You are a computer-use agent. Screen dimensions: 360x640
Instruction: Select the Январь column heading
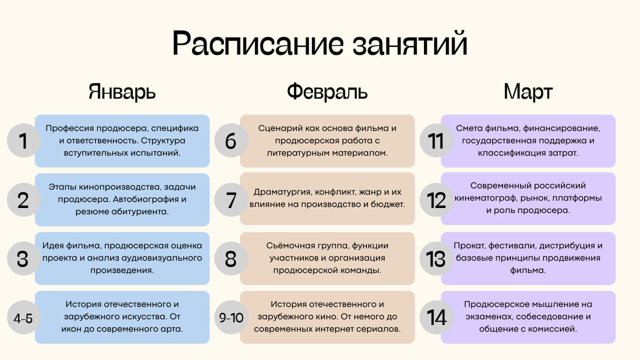[122, 92]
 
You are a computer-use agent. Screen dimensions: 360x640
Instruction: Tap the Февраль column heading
[327, 92]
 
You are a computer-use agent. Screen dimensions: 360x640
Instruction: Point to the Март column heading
[528, 92]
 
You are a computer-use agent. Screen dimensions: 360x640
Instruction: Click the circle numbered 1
[22, 141]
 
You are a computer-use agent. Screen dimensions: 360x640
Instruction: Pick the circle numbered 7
[230, 200]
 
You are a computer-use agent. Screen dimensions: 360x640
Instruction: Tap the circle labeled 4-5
[23, 318]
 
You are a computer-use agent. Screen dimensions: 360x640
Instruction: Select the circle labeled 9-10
[231, 318]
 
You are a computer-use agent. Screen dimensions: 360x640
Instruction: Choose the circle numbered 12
[436, 200]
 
